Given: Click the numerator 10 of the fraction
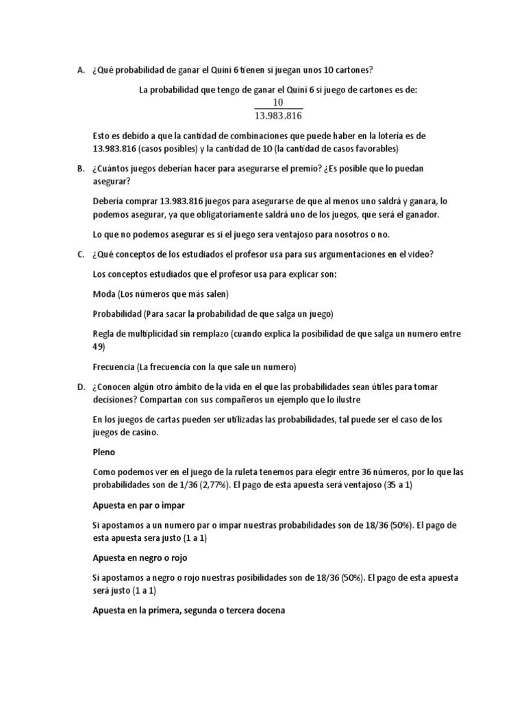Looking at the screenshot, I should pos(278,103).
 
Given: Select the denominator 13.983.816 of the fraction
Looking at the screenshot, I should pos(278,116).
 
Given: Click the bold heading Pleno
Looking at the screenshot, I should pos(104,452).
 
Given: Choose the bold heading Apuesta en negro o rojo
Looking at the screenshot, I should pos(140,557).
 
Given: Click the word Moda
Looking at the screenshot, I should pos(104,293).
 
